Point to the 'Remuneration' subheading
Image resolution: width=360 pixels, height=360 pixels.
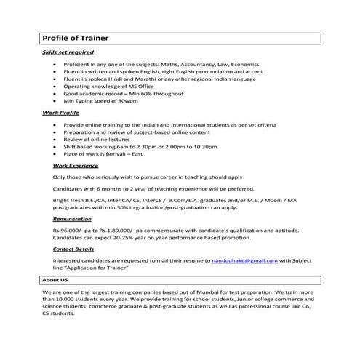tap(72, 218)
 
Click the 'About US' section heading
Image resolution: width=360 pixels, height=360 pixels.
tap(55, 279)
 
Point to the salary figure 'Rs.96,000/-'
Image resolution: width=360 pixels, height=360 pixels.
tap(66, 229)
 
